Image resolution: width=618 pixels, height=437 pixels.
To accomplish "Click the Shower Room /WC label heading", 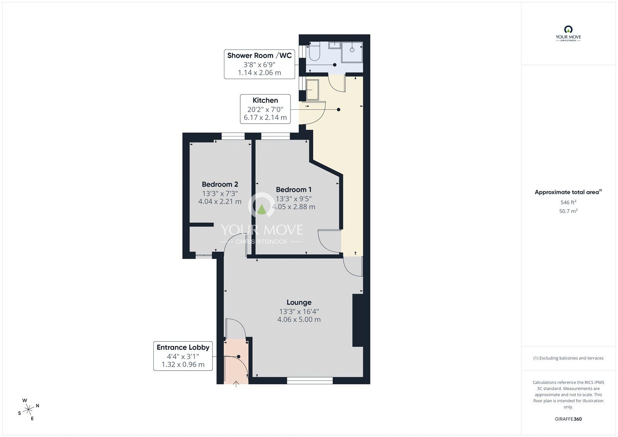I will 259,55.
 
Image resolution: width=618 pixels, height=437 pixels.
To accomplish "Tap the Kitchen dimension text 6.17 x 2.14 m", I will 265,117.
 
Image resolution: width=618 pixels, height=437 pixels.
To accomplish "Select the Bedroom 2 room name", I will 220,184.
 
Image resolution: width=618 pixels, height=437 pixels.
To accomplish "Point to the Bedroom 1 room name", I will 294,190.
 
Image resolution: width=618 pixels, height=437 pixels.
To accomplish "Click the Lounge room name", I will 299,303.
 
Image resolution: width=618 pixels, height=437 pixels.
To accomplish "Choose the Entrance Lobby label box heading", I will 183,347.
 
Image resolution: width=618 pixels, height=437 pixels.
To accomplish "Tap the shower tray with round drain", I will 352,50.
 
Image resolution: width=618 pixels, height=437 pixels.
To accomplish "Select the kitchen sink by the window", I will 312,89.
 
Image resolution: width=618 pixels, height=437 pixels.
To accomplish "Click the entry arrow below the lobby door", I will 236,383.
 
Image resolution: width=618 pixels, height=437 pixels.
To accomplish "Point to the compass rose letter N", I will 37,406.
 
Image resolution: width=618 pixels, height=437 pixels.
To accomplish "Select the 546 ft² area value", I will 568,202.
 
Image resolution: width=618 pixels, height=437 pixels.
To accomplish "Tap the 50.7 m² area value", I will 568,211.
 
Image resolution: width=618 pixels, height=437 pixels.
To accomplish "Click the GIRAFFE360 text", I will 568,419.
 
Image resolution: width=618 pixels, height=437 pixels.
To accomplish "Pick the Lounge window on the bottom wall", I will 310,381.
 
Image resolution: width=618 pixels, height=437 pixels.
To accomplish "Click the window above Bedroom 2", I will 233,136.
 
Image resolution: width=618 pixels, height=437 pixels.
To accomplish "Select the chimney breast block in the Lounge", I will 358,320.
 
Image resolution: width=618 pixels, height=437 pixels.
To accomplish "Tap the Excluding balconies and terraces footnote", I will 568,358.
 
